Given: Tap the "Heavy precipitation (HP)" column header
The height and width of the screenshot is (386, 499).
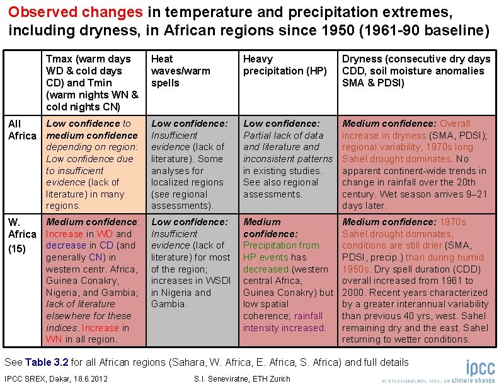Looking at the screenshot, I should [285, 65].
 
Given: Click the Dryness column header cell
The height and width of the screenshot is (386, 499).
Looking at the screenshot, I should [416, 71].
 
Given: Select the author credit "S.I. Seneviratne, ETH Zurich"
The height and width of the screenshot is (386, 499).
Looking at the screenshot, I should [244, 378].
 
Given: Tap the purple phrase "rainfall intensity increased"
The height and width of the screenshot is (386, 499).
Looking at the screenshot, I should [284, 322].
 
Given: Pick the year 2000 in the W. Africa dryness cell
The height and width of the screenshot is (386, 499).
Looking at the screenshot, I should [353, 293].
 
